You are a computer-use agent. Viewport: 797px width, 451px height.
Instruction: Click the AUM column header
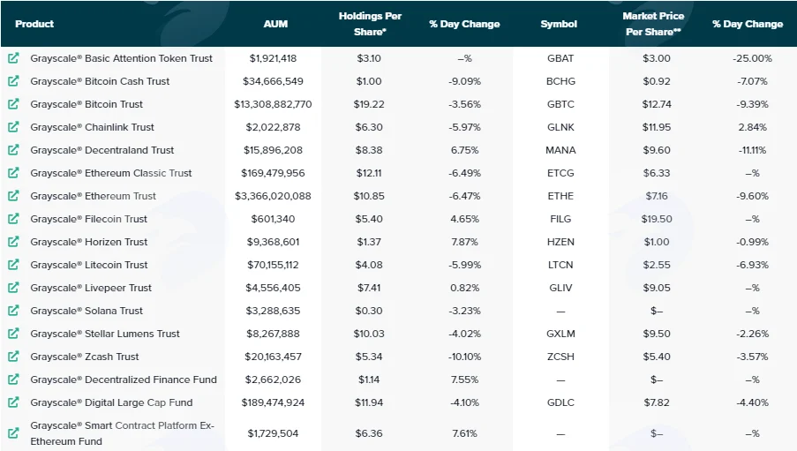[x=275, y=24]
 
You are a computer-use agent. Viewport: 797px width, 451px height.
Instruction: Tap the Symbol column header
[x=559, y=24]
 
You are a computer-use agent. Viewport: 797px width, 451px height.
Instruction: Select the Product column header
[x=34, y=24]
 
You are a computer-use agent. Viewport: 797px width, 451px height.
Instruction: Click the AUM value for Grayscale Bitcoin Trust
[x=273, y=104]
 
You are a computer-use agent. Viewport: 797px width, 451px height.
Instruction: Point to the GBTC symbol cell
[x=560, y=104]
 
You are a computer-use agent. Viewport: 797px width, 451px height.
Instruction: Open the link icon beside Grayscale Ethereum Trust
[x=13, y=196]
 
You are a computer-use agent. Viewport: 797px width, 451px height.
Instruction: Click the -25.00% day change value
[x=752, y=58]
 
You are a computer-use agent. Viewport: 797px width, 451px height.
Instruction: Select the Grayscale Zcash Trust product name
[x=85, y=357]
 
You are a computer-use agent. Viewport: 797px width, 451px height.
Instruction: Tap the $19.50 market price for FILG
[x=657, y=219]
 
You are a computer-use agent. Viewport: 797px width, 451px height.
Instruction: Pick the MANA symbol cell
[x=560, y=150]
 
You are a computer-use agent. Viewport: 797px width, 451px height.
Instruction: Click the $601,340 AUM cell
[x=273, y=219]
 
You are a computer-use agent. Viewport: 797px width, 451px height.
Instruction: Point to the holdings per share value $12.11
[x=369, y=173]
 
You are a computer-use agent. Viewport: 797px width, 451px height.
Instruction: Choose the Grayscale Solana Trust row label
[x=86, y=311]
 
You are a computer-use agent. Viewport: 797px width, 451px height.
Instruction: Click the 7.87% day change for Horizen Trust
[x=464, y=242]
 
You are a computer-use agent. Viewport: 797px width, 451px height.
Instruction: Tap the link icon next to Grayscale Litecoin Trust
[x=13, y=265]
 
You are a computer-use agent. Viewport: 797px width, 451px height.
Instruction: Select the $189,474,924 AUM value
[x=273, y=402]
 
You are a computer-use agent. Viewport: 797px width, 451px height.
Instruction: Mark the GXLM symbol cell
[x=560, y=334]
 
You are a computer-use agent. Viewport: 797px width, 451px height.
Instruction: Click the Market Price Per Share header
[x=653, y=24]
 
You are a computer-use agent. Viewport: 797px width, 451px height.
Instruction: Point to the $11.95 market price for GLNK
[x=657, y=127]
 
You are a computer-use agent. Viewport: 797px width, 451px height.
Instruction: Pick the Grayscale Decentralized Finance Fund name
[x=124, y=380]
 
